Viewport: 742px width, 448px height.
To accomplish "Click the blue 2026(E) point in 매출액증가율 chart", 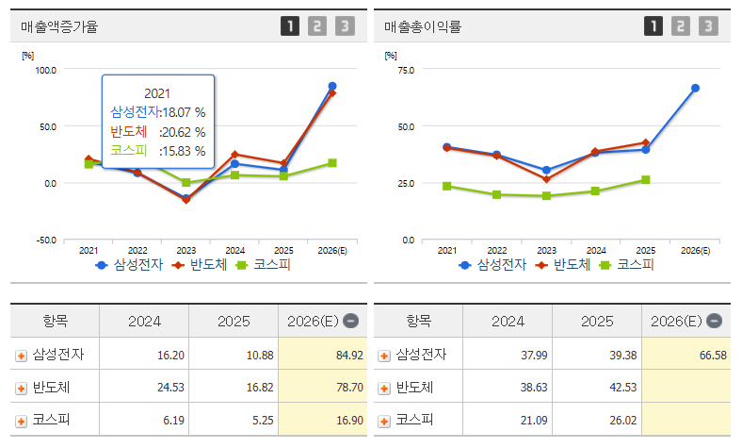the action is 332,86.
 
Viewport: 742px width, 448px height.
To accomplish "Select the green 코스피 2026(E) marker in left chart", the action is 332,163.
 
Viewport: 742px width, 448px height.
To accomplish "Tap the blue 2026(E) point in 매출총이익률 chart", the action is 695,88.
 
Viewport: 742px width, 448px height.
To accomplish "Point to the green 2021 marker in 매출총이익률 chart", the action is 446,186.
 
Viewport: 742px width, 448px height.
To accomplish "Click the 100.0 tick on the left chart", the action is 45,70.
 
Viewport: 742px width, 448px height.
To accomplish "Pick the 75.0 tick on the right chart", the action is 406,70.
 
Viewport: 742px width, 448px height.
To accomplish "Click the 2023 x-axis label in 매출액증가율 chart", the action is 186,250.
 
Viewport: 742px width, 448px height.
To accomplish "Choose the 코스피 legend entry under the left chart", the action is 263,264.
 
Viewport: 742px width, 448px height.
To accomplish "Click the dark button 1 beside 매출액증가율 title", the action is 290,26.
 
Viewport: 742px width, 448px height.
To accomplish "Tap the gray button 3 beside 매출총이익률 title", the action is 708,26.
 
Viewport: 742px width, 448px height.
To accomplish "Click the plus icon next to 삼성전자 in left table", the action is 21,356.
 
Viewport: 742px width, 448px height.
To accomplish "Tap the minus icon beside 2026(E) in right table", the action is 714,321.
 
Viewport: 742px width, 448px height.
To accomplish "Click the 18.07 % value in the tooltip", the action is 184,112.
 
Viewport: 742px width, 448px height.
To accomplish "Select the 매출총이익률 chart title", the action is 423,26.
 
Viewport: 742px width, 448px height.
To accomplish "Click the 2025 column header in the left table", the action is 234,322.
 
